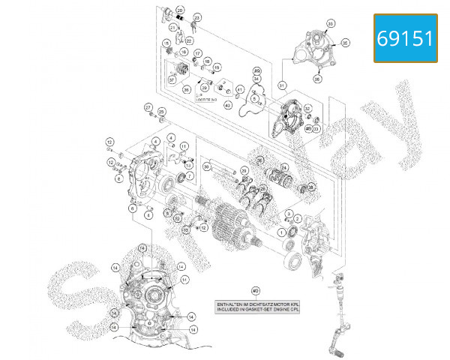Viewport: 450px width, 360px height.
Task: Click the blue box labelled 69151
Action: tap(405, 38)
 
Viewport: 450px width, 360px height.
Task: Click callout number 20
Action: tap(310, 25)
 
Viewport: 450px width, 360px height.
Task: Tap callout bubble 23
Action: tap(197, 16)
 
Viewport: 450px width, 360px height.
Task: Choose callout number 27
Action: tap(148, 106)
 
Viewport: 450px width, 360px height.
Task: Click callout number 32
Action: tap(307, 108)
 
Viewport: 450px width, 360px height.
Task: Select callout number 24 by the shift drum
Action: tap(284, 168)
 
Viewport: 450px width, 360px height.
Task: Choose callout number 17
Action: tap(199, 54)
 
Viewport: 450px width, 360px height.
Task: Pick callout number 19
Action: tap(217, 67)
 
